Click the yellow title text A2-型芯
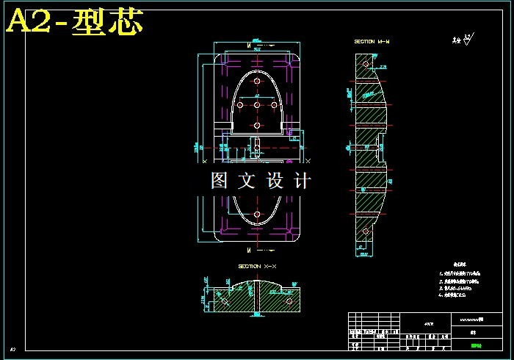(74, 23)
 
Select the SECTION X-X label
(256, 266)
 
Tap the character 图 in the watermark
(220, 181)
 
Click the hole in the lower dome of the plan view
(257, 214)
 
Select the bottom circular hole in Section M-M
(365, 232)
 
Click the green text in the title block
(476, 345)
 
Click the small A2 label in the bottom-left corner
(12, 349)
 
